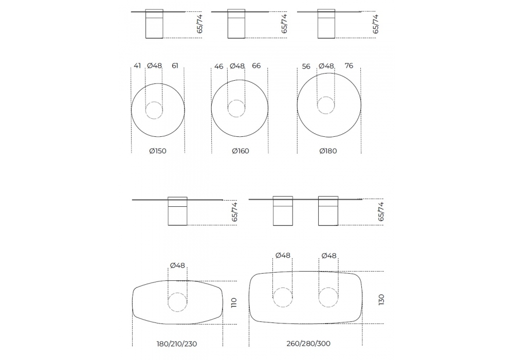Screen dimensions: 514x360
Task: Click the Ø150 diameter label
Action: [x=158, y=151]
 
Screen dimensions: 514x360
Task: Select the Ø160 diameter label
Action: [x=240, y=151]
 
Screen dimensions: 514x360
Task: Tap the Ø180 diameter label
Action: [x=328, y=151]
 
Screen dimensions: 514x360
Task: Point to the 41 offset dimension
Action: [x=137, y=66]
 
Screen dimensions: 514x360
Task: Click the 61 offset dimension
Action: [x=175, y=66]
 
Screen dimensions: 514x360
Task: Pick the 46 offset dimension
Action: [x=218, y=66]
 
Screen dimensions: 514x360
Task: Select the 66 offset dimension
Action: [x=256, y=66]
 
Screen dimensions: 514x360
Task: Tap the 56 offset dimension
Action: [x=306, y=66]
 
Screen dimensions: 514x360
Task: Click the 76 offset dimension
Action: [x=349, y=66]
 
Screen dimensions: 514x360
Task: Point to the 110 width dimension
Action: [x=234, y=302]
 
